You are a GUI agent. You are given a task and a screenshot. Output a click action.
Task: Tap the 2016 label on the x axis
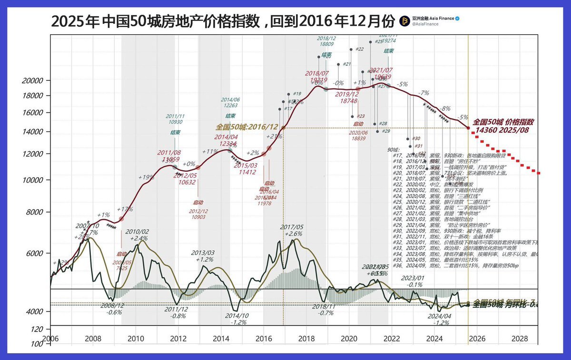coord(264,339)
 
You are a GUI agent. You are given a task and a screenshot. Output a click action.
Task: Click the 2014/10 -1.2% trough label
coord(236,319)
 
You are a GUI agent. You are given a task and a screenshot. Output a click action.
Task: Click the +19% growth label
coord(146,177)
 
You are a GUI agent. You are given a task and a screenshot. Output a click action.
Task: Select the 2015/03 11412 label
coord(246,168)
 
